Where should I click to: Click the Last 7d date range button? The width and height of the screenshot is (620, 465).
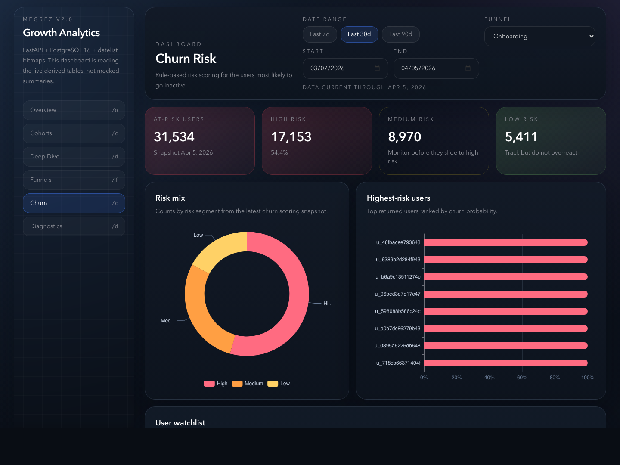(x=319, y=34)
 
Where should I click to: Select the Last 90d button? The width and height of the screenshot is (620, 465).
(x=400, y=34)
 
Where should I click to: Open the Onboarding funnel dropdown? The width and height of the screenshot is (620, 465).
(x=539, y=37)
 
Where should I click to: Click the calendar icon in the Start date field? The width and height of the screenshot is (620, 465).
(x=377, y=68)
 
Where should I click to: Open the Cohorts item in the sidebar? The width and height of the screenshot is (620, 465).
(x=74, y=133)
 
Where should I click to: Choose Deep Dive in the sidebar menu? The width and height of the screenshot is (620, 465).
(x=74, y=157)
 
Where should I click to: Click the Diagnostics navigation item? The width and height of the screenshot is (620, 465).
(x=74, y=226)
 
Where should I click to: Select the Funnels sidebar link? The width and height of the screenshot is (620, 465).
(x=74, y=180)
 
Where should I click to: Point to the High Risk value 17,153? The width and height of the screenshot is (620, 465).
(x=291, y=137)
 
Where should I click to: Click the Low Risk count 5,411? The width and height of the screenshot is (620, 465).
(x=521, y=137)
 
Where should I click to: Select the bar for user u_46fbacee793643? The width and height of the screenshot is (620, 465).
(x=505, y=242)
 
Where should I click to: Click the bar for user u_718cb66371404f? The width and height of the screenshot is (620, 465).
(x=505, y=363)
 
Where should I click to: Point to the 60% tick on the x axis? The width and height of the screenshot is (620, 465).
(x=522, y=378)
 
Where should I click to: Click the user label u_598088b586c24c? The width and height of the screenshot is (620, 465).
(x=397, y=311)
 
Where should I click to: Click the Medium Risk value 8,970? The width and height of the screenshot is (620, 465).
(x=404, y=137)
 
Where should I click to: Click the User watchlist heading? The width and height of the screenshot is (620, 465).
(x=180, y=423)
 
